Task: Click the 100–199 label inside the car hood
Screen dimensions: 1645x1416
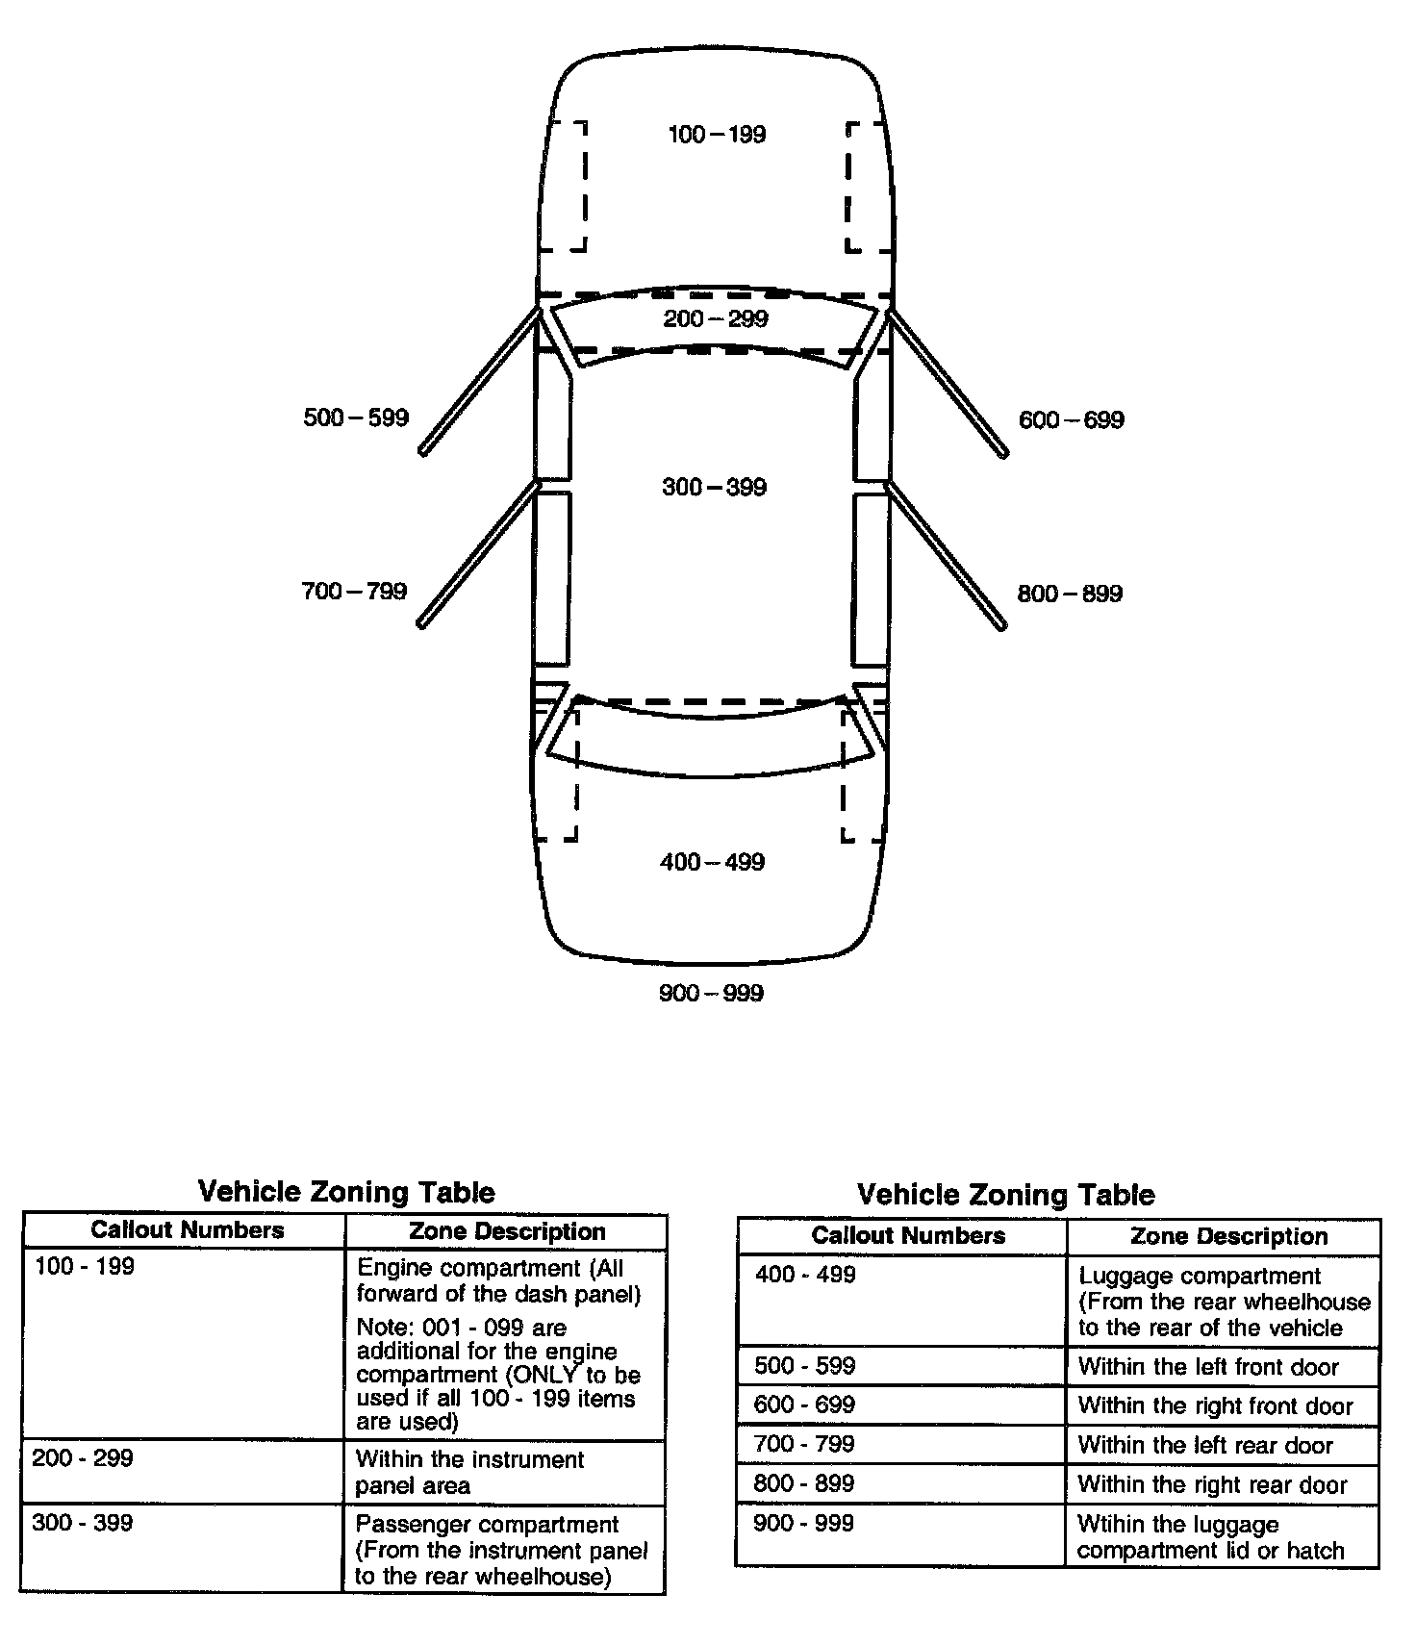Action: tap(717, 135)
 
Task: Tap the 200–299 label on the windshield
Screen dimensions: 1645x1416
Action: tap(716, 318)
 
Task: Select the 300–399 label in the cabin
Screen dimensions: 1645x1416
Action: tap(714, 487)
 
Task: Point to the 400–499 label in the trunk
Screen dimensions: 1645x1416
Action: tap(712, 862)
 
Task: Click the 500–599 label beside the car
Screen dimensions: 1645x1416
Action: tap(356, 418)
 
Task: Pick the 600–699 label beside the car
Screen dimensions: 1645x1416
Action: tap(1071, 419)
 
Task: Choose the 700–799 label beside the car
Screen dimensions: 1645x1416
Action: tap(354, 591)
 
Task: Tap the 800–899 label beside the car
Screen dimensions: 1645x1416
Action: tap(1070, 594)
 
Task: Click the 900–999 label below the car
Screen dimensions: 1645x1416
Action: tap(711, 993)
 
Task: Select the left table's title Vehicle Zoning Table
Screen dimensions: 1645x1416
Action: tap(346, 1193)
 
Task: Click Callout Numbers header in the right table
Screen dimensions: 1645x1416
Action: tap(908, 1236)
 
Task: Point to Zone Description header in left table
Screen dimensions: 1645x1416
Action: tap(507, 1231)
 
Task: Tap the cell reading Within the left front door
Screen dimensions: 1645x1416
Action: tap(1208, 1367)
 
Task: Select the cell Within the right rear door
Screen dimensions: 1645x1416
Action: tap(1212, 1484)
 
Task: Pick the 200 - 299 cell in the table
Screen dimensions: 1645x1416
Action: tap(83, 1458)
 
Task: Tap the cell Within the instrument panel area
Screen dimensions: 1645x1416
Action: tap(469, 1473)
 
